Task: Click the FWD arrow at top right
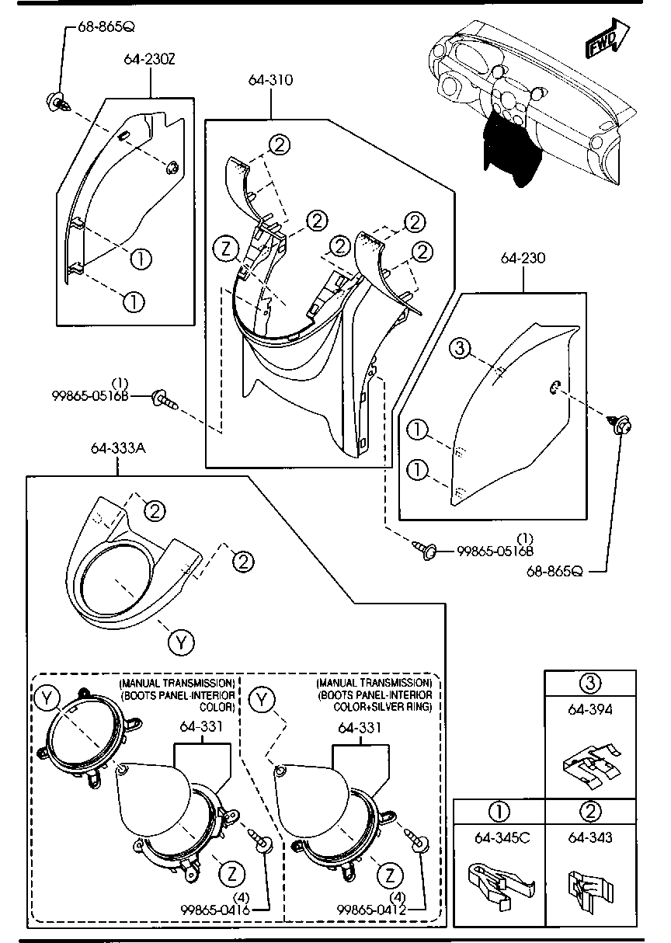pyautogui.click(x=607, y=39)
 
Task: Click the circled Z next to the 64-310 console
pyautogui.click(x=225, y=249)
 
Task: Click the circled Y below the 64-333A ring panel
pyautogui.click(x=180, y=642)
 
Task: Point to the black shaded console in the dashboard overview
pyautogui.click(x=509, y=148)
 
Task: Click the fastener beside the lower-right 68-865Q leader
pyautogui.click(x=624, y=424)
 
